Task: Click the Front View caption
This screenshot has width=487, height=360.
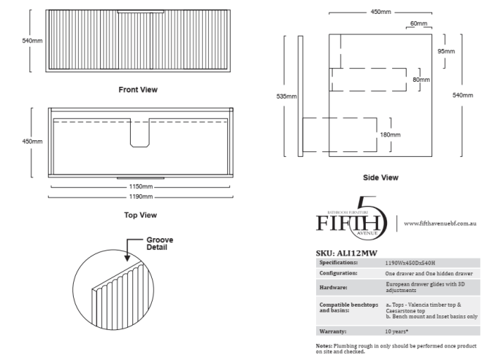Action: point(138,90)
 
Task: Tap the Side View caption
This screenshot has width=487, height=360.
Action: point(380,177)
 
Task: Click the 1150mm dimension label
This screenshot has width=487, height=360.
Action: point(140,187)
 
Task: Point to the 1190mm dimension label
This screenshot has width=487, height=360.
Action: point(140,196)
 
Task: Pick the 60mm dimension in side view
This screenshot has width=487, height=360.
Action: point(418,23)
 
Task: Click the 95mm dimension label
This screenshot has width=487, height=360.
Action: point(445,51)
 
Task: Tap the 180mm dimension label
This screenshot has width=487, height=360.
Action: point(390,134)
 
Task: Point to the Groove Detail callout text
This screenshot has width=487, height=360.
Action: point(159,243)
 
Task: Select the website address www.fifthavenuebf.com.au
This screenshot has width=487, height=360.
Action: point(440,222)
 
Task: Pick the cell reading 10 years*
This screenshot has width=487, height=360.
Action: point(396,331)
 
